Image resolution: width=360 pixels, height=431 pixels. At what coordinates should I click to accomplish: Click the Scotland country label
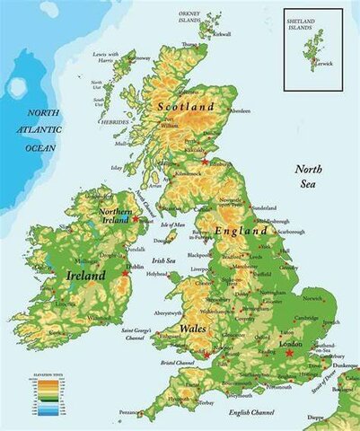click(x=186, y=106)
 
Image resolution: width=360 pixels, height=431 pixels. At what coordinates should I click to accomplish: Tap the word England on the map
click(x=241, y=231)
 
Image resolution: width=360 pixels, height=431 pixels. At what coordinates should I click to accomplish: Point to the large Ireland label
click(x=86, y=276)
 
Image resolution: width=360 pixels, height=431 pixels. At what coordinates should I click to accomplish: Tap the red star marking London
click(x=289, y=353)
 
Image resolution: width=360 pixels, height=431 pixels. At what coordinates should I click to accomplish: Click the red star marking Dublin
click(x=127, y=272)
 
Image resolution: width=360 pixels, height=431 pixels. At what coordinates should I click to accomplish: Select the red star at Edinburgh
click(x=206, y=162)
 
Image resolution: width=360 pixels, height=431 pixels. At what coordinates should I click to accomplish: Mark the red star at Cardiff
click(x=206, y=355)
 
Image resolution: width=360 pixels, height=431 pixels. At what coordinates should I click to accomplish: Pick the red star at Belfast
click(x=136, y=218)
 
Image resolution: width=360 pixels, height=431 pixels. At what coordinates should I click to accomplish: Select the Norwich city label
click(x=312, y=299)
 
